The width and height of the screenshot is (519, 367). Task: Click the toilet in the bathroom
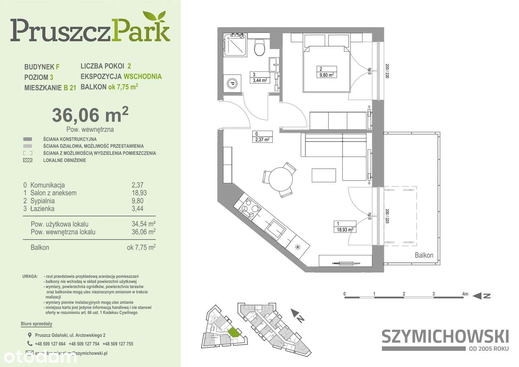(259, 47)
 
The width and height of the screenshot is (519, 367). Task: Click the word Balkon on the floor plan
(424, 255)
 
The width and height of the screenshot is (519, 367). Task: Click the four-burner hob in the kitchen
(251, 209)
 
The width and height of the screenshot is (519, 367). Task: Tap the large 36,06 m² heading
(90, 115)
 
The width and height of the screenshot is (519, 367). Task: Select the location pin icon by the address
(28, 335)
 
